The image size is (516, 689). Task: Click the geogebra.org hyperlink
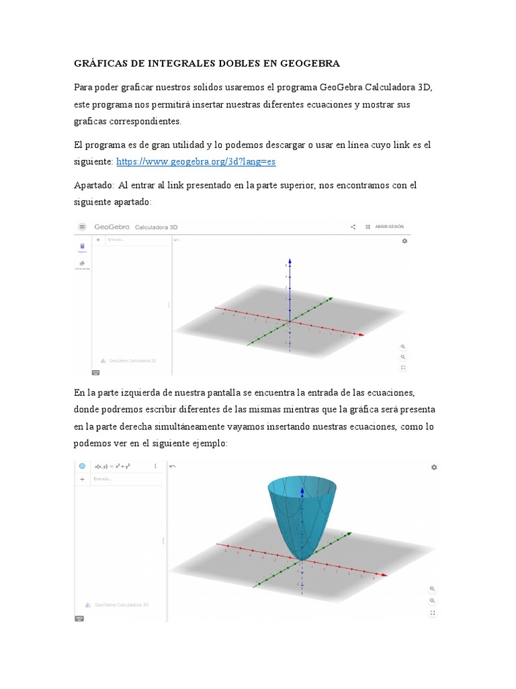click(196, 161)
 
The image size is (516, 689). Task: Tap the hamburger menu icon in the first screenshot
click(83, 227)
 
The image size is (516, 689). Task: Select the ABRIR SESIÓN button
click(389, 227)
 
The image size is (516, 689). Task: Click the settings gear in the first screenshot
click(404, 241)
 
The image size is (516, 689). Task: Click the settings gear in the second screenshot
click(434, 467)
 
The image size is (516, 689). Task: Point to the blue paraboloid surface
click(302, 518)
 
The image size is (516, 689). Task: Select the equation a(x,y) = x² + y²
click(112, 466)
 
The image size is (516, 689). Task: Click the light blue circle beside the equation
click(82, 466)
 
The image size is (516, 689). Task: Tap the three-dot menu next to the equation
click(155, 466)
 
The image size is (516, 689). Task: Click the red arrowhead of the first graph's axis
click(362, 334)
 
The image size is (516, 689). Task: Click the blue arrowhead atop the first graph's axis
click(290, 262)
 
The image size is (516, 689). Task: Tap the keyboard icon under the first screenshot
click(95, 372)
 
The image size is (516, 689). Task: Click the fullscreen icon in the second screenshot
click(433, 612)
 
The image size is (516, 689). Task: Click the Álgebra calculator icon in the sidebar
click(82, 247)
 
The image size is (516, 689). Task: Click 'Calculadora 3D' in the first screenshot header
click(157, 227)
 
